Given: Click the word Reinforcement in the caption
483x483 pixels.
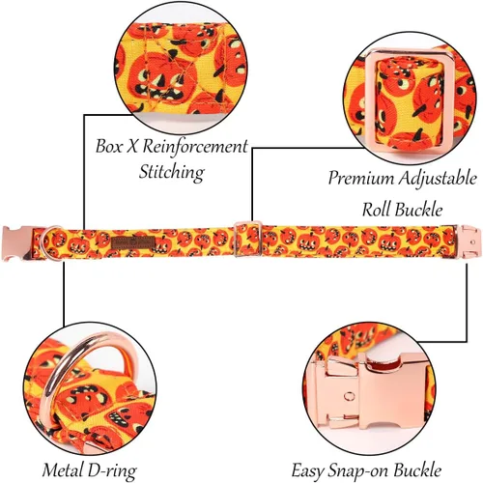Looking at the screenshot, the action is [195, 147].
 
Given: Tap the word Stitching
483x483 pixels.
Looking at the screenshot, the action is [172, 172].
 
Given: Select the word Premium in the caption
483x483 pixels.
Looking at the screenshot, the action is [361, 178].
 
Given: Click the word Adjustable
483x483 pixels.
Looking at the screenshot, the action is [438, 178].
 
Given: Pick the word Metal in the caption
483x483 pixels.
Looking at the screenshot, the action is [64, 469].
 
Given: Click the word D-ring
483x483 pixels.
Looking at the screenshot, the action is [113, 471].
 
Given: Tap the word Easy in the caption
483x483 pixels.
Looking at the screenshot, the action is [307, 470].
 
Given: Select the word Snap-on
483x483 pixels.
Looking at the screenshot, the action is [358, 470].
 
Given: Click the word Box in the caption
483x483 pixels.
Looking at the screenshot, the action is [109, 146].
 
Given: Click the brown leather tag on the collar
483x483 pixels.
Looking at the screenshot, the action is [133, 243].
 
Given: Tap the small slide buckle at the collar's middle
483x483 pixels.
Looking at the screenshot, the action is [248, 239].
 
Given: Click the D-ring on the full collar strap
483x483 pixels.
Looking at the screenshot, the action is [51, 242].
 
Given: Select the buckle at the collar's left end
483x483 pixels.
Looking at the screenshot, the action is [17, 243].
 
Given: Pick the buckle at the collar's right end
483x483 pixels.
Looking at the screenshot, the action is [469, 241].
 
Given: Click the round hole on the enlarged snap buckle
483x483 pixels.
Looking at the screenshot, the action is [349, 396].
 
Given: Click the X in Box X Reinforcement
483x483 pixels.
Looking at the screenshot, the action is [132, 147].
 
